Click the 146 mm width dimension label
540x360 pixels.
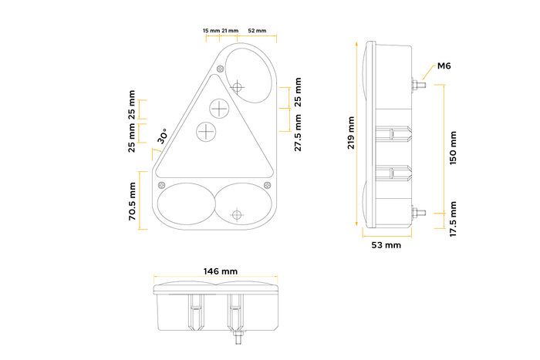pos(220,271)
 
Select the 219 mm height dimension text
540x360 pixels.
pos(352,133)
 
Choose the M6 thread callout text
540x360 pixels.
pos(444,66)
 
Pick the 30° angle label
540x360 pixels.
pos(163,136)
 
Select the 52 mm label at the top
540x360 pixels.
pos(257,31)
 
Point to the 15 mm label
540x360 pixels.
pos(211,31)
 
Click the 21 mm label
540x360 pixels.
pos(229,31)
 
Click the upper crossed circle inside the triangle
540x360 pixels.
pos(220,108)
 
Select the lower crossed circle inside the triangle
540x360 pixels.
pos(207,133)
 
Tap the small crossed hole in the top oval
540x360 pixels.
pos(238,86)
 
